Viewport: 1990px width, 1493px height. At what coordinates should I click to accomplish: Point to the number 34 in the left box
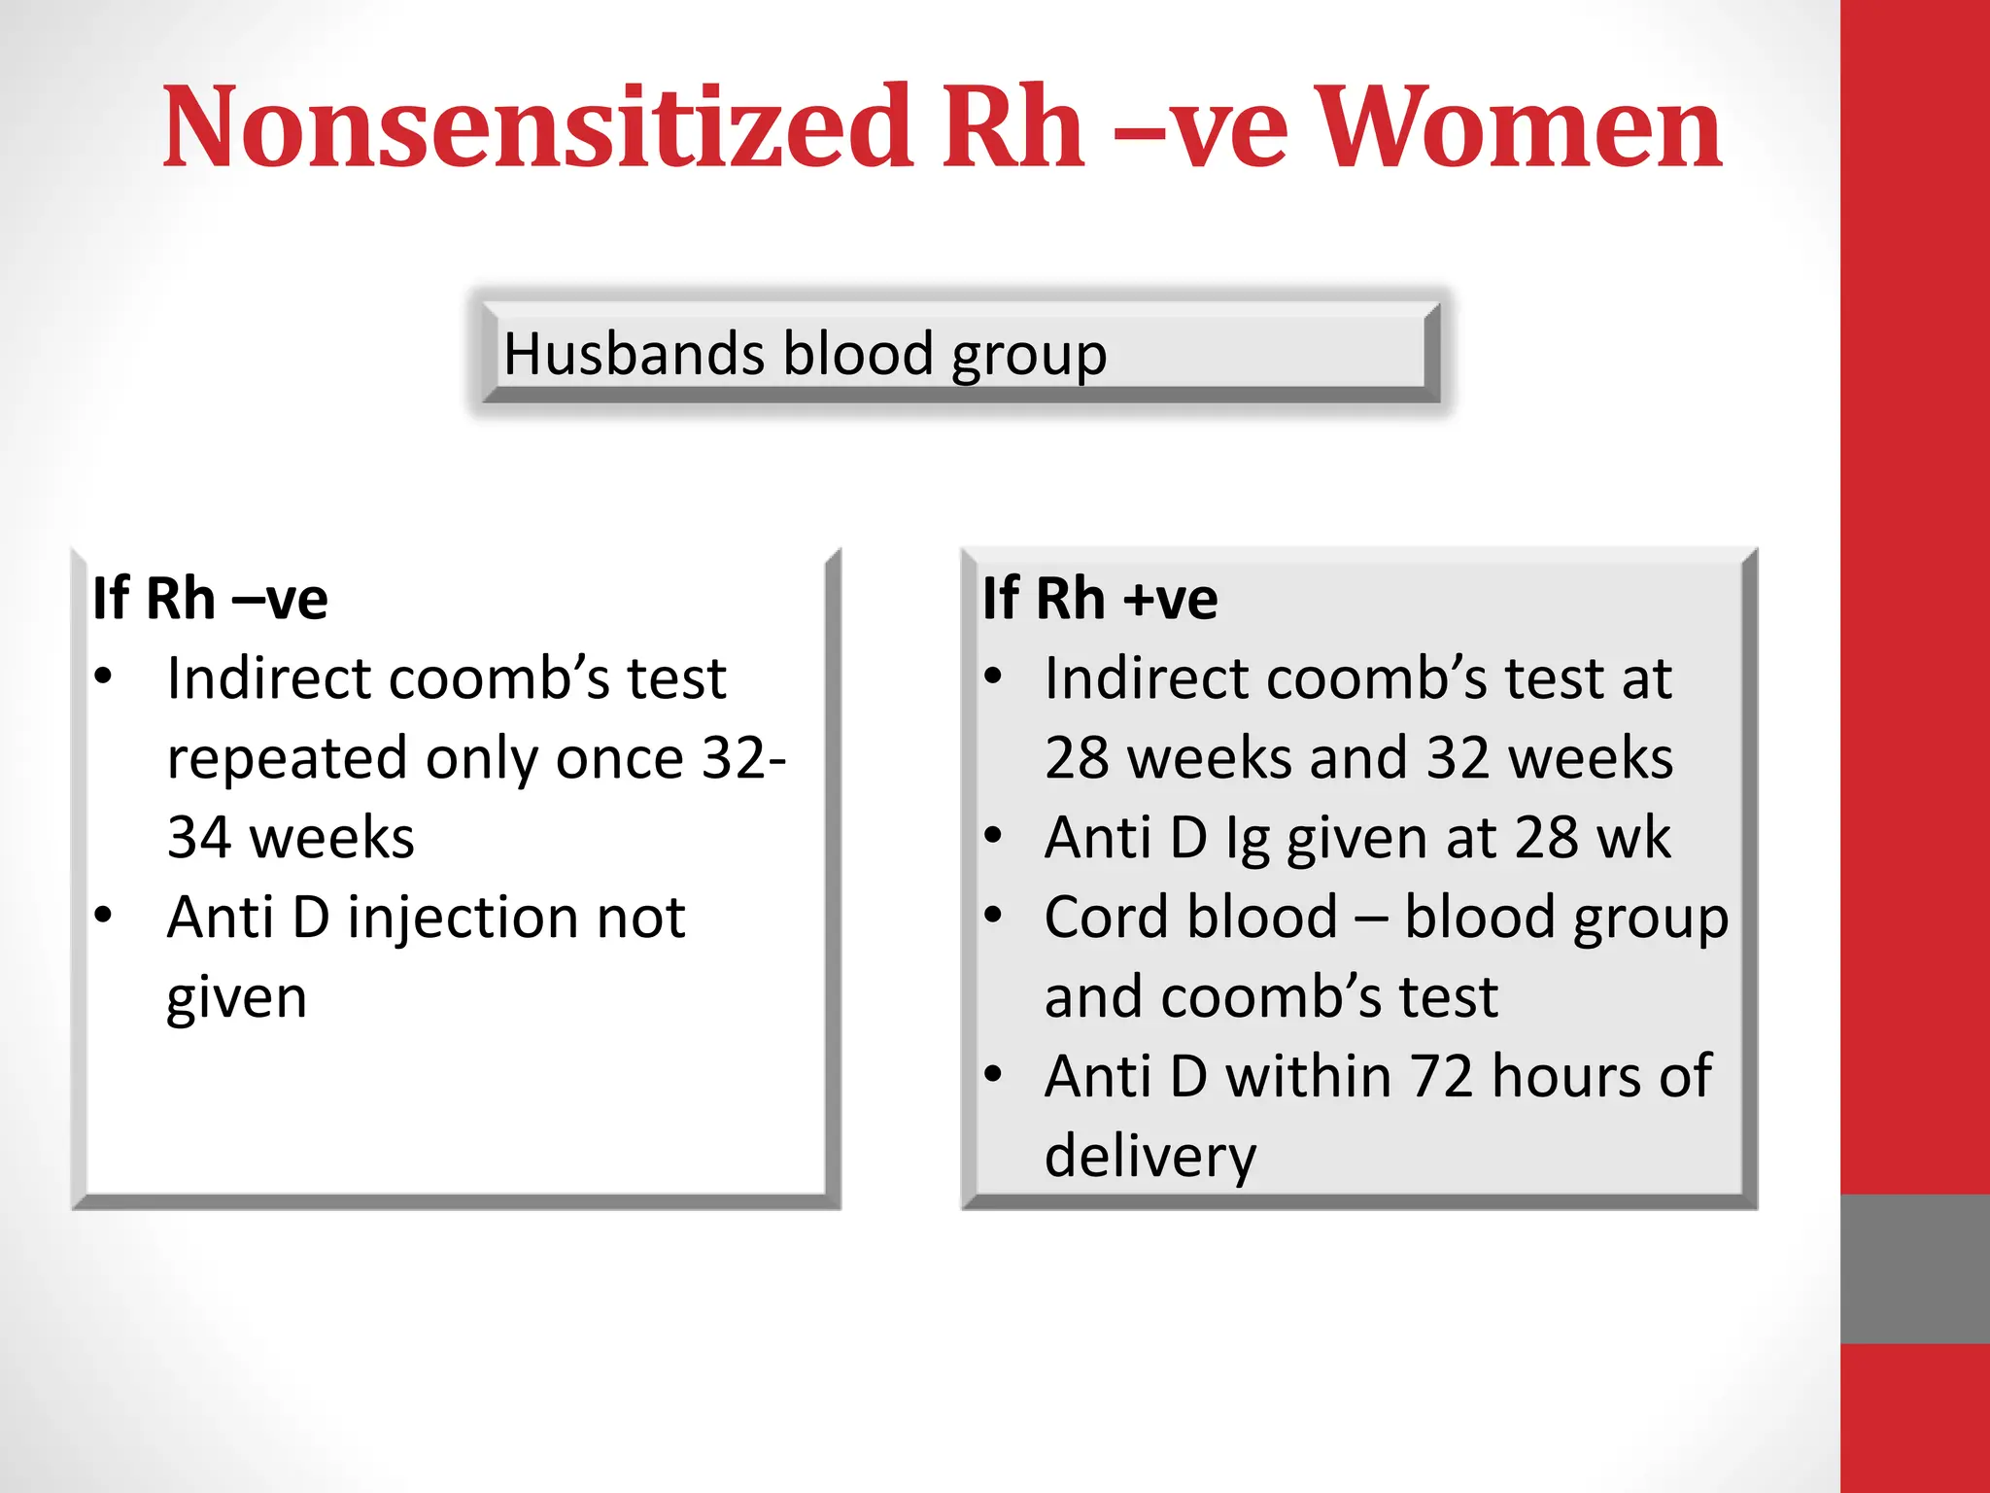click(198, 837)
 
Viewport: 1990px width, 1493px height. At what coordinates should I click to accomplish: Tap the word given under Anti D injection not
click(236, 998)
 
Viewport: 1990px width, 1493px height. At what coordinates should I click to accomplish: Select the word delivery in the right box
click(1149, 1157)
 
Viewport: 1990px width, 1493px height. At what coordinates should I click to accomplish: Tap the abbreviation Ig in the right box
click(1247, 839)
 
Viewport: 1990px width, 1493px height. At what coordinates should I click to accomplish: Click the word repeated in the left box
click(287, 759)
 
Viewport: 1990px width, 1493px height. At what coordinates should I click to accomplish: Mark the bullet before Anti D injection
click(104, 916)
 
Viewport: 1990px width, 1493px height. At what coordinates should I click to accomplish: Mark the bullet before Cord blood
click(992, 915)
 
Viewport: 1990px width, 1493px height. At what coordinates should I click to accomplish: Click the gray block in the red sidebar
click(1914, 1268)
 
